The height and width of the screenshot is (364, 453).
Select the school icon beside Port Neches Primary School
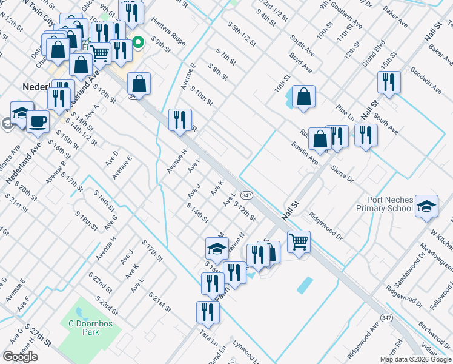click(427, 207)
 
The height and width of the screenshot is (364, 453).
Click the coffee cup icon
click(38, 121)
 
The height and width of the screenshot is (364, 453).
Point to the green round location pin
click(138, 42)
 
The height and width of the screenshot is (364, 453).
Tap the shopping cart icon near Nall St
click(299, 241)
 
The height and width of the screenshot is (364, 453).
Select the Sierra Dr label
click(342, 172)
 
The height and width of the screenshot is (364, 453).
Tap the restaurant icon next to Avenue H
click(180, 120)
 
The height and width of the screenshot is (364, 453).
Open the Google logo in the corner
click(20, 357)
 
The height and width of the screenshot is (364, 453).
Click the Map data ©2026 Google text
click(415, 359)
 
